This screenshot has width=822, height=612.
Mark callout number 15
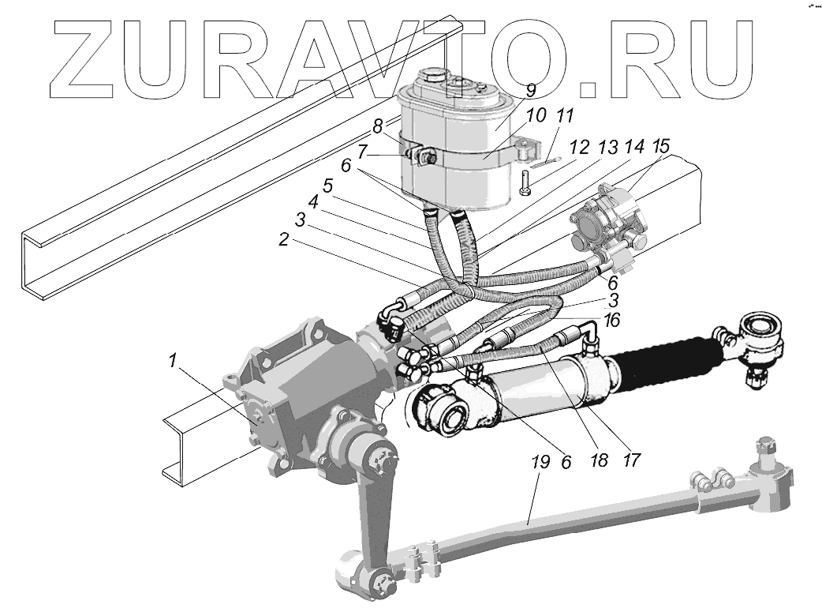[661, 146]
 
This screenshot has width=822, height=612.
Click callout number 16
[613, 320]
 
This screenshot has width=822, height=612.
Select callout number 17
[633, 457]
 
